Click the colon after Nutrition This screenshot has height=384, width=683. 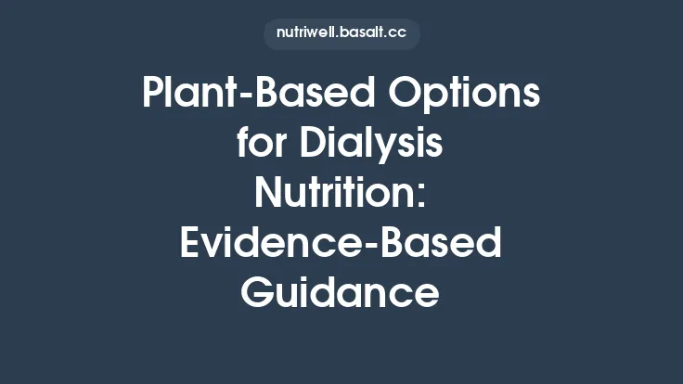point(423,198)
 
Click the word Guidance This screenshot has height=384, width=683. point(341,293)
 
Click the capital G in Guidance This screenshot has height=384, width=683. point(260,293)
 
